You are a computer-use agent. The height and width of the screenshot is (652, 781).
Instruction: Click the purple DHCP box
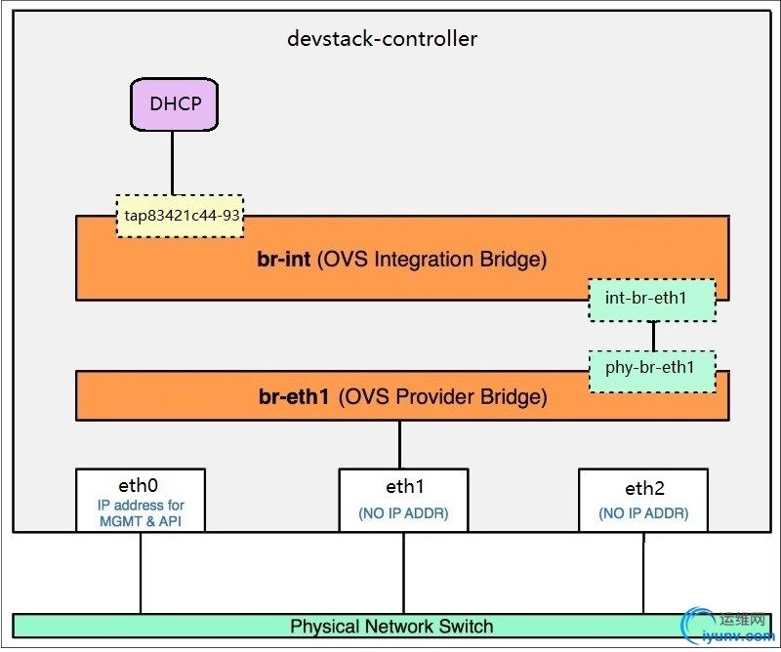click(x=174, y=103)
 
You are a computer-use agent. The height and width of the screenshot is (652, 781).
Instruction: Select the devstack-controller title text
click(x=382, y=39)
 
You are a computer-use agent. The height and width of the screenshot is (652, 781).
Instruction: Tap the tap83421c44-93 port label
click(x=180, y=215)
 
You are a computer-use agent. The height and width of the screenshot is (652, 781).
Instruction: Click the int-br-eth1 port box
click(x=651, y=300)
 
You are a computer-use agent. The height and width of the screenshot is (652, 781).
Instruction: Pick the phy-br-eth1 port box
click(x=651, y=369)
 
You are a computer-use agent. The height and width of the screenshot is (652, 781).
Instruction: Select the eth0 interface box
click(x=140, y=500)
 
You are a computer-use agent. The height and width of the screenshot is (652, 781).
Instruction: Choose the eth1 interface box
click(x=403, y=500)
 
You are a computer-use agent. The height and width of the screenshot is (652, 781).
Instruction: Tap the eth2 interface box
click(x=643, y=500)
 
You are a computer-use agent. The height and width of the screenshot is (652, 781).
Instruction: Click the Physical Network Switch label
click(x=391, y=626)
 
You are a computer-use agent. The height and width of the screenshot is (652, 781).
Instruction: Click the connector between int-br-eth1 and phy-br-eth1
click(x=653, y=336)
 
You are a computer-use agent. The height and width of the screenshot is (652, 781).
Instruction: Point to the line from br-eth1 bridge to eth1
click(x=399, y=444)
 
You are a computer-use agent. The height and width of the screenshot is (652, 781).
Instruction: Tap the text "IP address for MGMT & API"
click(x=141, y=513)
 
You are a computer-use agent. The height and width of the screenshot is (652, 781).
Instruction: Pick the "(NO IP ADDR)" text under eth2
click(x=643, y=513)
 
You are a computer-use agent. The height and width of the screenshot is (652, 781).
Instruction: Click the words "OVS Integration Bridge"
click(x=432, y=260)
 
